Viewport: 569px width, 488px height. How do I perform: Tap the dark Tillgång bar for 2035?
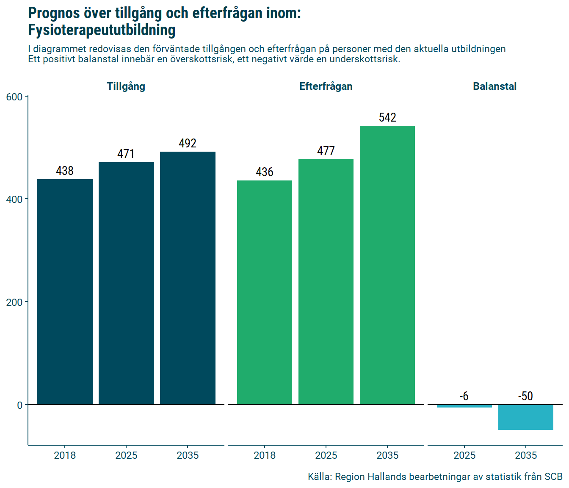(188, 278)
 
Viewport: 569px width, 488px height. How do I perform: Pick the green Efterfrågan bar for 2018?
(265, 292)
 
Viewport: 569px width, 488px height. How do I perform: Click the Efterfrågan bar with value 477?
(326, 282)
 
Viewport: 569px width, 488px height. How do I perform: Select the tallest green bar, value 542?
(387, 265)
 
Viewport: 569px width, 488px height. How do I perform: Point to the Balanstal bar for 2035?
(526, 417)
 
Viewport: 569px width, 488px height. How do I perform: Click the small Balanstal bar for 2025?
(464, 406)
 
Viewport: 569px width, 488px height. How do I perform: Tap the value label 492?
(188, 143)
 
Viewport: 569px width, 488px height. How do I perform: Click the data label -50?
(525, 396)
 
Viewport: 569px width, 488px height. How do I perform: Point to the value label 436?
(265, 172)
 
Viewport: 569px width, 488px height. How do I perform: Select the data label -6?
(464, 396)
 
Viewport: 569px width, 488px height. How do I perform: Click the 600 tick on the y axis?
(14, 97)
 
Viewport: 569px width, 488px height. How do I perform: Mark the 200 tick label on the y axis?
(14, 302)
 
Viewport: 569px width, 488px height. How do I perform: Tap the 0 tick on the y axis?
(19, 405)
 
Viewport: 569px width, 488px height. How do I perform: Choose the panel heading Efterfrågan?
(326, 86)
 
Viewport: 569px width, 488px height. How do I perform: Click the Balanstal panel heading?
(494, 86)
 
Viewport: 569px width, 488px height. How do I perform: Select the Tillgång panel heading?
(126, 86)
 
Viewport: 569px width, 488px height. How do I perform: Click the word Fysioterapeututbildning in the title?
(102, 30)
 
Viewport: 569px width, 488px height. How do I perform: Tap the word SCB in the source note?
(553, 477)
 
